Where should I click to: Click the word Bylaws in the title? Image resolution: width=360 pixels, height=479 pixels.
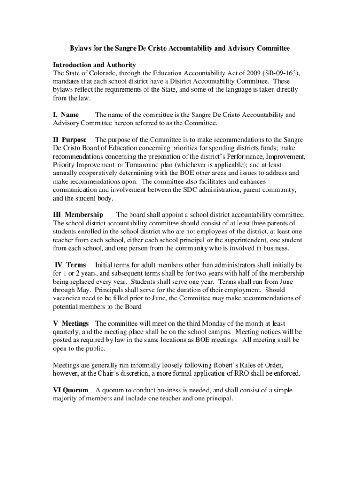point(81,48)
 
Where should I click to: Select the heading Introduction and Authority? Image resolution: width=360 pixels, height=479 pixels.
point(94,65)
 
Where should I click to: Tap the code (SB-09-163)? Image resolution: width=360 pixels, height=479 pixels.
point(282,73)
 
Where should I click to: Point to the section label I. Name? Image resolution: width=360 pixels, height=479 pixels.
point(65,115)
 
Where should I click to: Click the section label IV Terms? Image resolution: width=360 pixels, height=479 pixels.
point(71,265)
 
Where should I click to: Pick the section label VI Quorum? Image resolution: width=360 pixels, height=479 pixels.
point(71,390)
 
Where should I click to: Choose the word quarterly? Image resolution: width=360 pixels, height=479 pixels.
point(66,332)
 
